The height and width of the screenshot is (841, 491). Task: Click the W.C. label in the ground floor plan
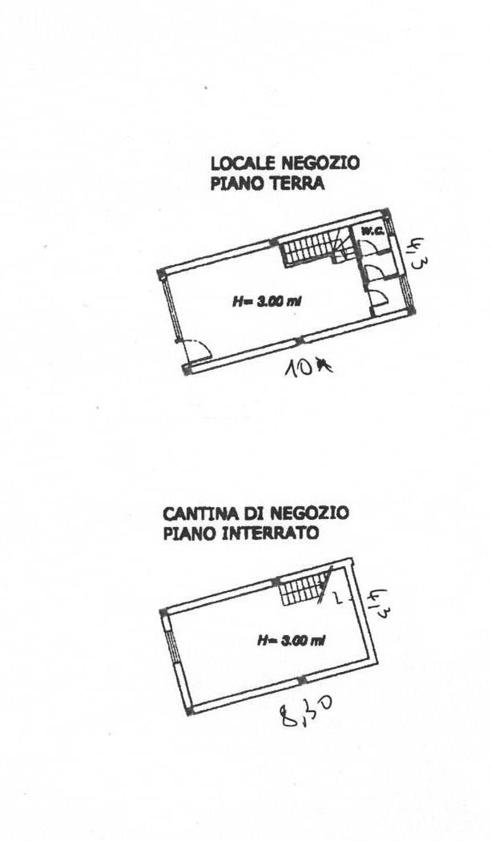pyautogui.click(x=372, y=231)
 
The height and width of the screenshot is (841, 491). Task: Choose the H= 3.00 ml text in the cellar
pyautogui.click(x=291, y=640)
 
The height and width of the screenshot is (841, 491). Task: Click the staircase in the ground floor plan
pyautogui.click(x=309, y=247)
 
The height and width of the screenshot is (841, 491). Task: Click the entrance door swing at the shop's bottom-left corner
pyautogui.click(x=195, y=350)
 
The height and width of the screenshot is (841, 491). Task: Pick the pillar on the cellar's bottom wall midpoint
pyautogui.click(x=301, y=681)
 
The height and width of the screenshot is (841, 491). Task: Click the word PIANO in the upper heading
pyautogui.click(x=233, y=183)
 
